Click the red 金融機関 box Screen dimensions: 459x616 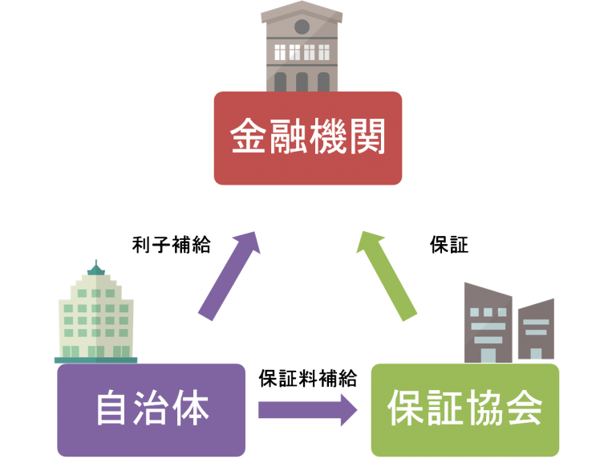coord(308,138)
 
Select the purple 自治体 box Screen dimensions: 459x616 coord(151,409)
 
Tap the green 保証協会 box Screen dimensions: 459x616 coord(464,409)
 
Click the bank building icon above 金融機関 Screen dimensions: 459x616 coord(302,48)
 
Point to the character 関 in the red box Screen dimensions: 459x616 coord(367,138)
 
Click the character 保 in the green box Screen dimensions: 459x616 coord(406,409)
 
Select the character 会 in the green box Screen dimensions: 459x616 coord(523,409)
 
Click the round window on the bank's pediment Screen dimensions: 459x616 coord(302,26)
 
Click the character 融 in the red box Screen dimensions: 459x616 coord(289,138)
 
